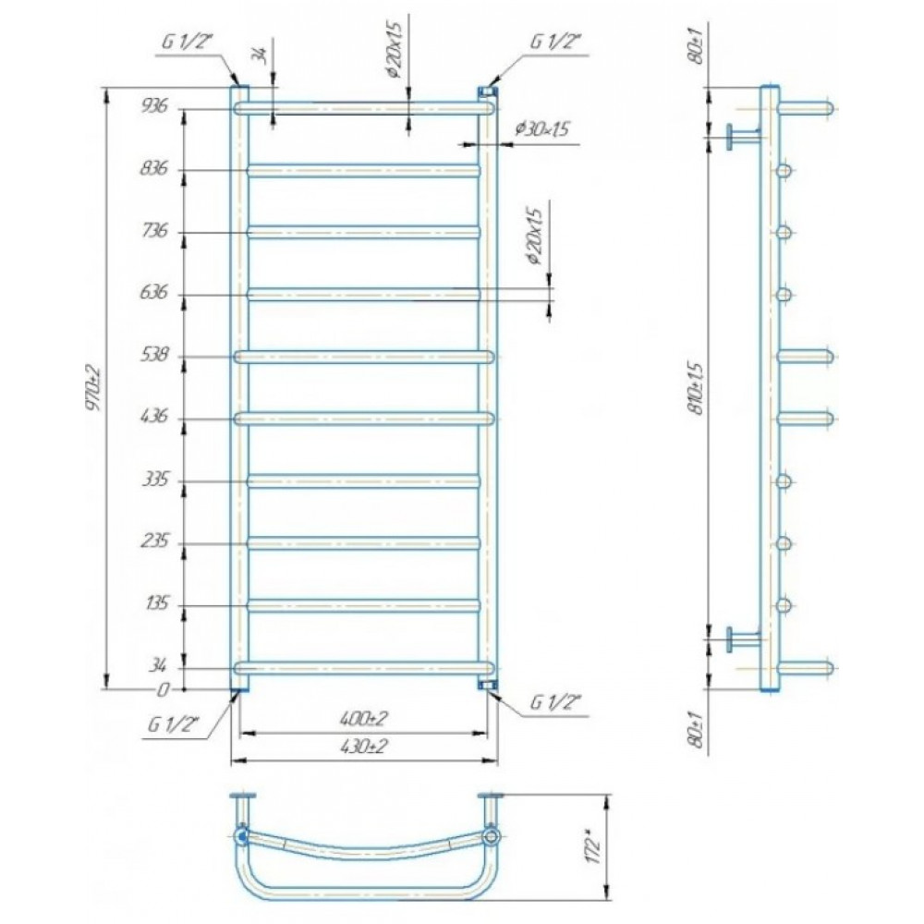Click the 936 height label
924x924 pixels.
click(x=154, y=106)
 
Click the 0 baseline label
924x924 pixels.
click(x=164, y=689)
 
